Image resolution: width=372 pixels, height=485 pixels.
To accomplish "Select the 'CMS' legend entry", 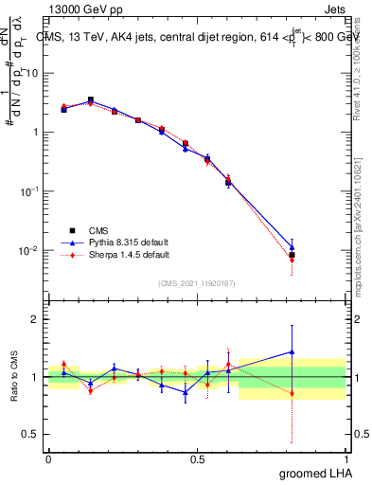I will [x=97, y=230].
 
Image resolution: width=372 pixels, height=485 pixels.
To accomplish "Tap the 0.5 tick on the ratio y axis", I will [x=34, y=435].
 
